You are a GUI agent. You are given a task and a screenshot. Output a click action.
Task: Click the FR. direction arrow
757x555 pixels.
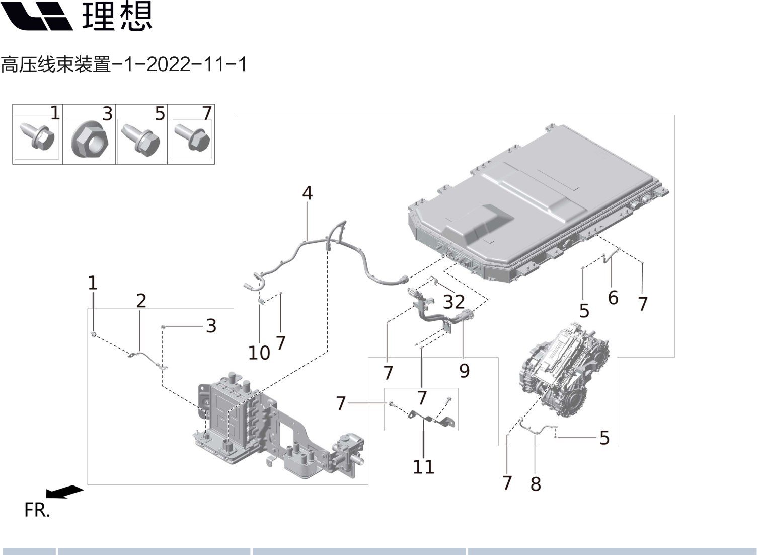pyautogui.click(x=64, y=491)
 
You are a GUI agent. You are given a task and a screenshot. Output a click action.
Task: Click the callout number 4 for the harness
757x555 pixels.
pyautogui.click(x=307, y=193)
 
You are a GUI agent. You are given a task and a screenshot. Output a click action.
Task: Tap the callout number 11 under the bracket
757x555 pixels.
pyautogui.click(x=423, y=467)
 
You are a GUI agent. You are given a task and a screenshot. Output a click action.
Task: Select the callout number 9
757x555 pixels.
pyautogui.click(x=464, y=371)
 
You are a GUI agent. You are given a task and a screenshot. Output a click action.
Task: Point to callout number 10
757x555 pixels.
pyautogui.click(x=259, y=353)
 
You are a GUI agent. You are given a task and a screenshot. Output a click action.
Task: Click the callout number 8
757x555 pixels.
pyautogui.click(x=536, y=484)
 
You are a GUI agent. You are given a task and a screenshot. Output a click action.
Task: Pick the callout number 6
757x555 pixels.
pyautogui.click(x=613, y=298)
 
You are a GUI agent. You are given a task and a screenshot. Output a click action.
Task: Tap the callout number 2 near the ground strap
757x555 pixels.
pyautogui.click(x=141, y=301)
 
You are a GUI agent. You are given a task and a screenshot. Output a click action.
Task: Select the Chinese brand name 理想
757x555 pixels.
pyautogui.click(x=117, y=16)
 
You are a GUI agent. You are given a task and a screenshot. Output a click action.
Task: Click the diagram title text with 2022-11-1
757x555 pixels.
pyautogui.click(x=123, y=64)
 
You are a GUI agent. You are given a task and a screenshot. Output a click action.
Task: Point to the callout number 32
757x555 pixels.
pyautogui.click(x=453, y=302)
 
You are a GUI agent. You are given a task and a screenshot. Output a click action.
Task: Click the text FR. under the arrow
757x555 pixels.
pyautogui.click(x=37, y=510)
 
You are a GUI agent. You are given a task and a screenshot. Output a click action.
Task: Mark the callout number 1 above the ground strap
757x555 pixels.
pyautogui.click(x=92, y=283)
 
